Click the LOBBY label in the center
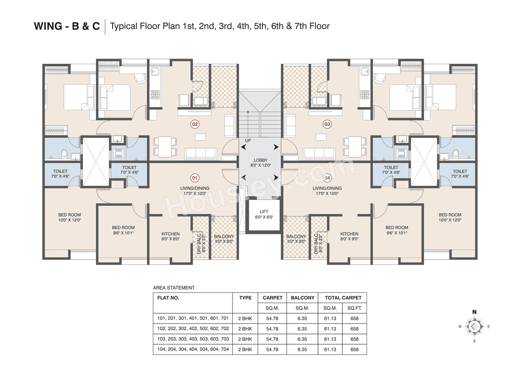click(260, 160)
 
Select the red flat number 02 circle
click(195, 124)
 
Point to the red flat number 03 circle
click(327, 124)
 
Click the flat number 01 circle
click(195, 178)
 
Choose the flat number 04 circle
click(327, 178)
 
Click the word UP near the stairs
click(248, 141)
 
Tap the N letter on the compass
click(474, 312)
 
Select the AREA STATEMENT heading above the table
click(173, 288)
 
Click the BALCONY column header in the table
click(302, 298)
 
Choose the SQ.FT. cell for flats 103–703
click(354, 339)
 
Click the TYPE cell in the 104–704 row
click(245, 349)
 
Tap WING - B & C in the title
click(67, 26)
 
